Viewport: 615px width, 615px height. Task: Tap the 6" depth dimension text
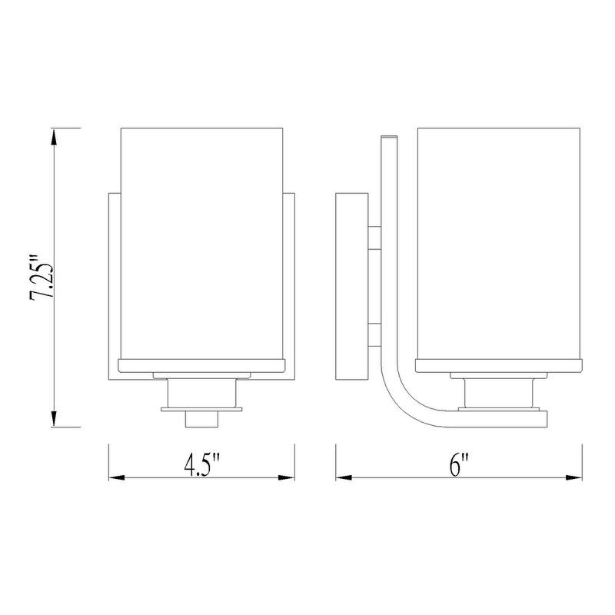coord(460,464)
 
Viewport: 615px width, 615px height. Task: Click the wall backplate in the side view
coord(352,284)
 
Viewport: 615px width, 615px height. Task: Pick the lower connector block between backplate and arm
coord(375,336)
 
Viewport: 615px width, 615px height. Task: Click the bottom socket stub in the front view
coord(201,421)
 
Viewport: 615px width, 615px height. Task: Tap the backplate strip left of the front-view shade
coord(115,284)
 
